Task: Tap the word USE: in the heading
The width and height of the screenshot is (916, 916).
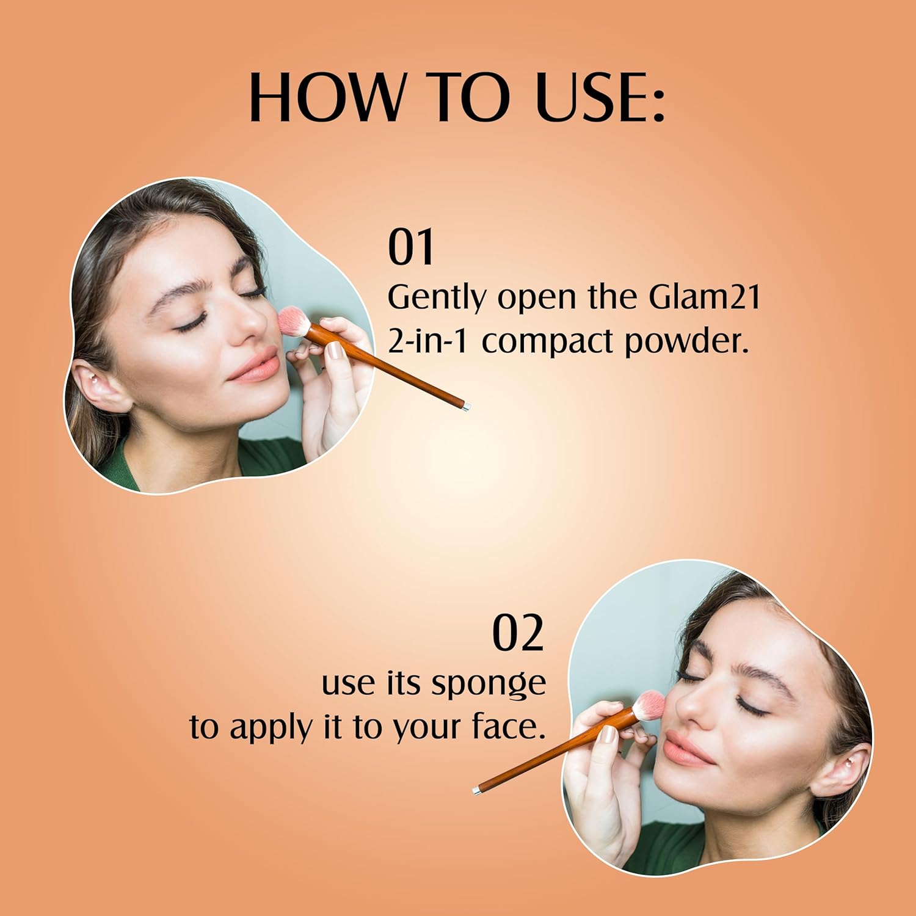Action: pyautogui.click(x=600, y=98)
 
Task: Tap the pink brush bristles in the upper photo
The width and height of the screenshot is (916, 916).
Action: pyautogui.click(x=294, y=321)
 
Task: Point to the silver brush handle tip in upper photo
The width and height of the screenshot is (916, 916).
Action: pyautogui.click(x=466, y=405)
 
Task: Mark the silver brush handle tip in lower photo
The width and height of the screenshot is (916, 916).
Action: pyautogui.click(x=476, y=790)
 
